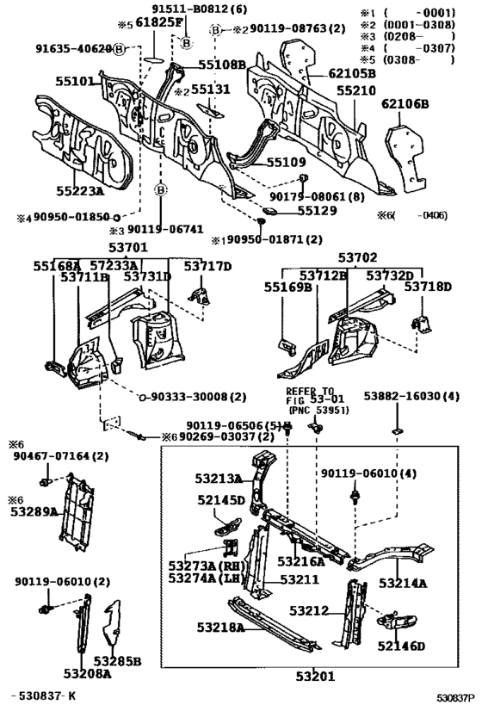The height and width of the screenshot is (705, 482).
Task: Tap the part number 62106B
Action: (x=405, y=104)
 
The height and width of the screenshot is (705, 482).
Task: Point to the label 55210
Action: (x=357, y=90)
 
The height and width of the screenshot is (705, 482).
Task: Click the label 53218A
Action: (x=222, y=628)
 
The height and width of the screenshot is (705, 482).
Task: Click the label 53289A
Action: (x=34, y=511)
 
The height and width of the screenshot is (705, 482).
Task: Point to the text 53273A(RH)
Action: (x=204, y=566)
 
